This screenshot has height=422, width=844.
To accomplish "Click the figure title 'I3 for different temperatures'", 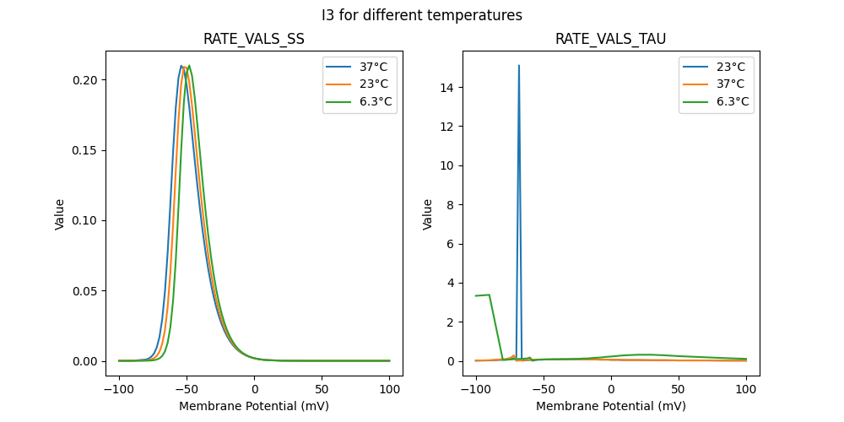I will point(421,15).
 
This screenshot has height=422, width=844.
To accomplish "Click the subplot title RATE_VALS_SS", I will point(254,40).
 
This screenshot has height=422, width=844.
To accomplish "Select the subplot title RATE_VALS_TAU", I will point(610,40).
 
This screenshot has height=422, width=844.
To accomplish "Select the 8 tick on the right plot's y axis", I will point(452,204).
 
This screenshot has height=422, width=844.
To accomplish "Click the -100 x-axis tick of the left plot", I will point(119,390).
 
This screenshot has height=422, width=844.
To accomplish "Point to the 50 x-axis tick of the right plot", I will point(678,390).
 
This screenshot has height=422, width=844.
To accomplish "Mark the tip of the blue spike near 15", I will point(518,65).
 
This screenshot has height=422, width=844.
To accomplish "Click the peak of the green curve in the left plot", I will point(189,66).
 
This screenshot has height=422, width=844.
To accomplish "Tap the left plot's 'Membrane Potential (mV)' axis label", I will point(254,406).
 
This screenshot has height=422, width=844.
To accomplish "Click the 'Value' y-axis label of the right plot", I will point(428,214).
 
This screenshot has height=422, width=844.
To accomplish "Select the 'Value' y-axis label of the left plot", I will point(60,214).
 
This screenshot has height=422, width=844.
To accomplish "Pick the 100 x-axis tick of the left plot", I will point(389,390).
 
